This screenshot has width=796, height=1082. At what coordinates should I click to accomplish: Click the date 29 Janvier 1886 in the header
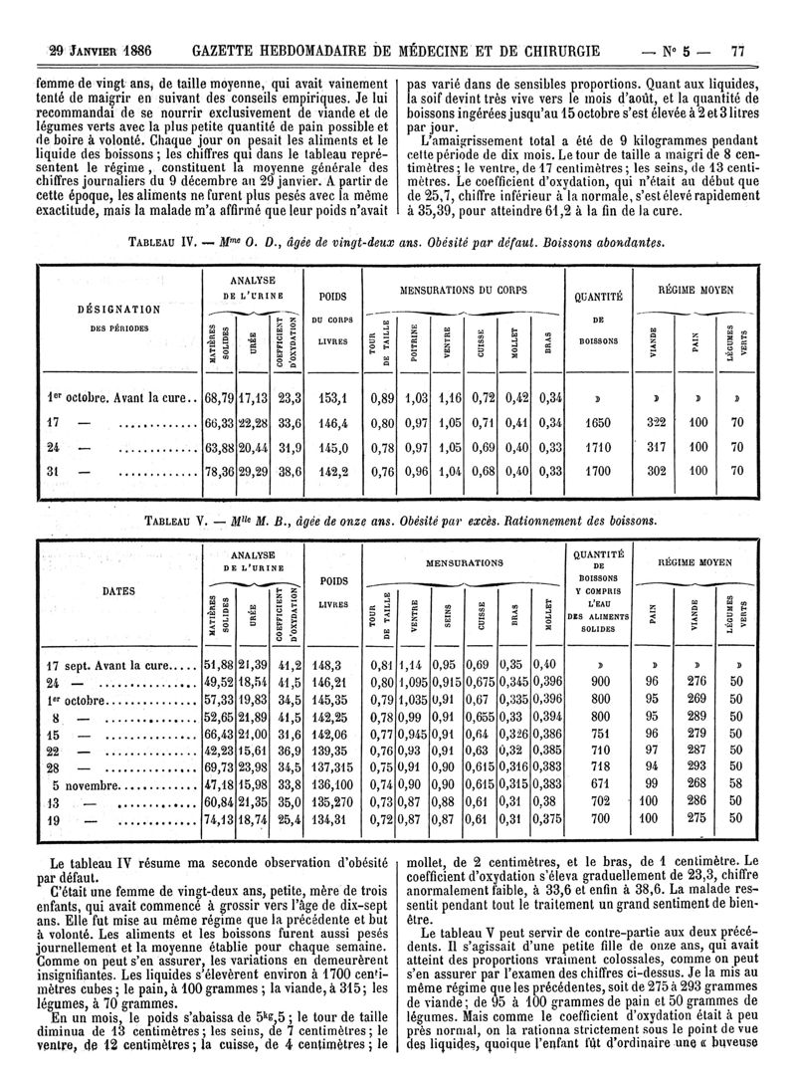coord(92,50)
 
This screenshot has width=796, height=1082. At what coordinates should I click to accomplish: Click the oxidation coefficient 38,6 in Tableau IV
coord(289,472)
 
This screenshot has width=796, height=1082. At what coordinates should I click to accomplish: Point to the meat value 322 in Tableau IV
coord(654,423)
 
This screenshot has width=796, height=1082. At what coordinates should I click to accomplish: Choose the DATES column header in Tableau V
coord(118,590)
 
